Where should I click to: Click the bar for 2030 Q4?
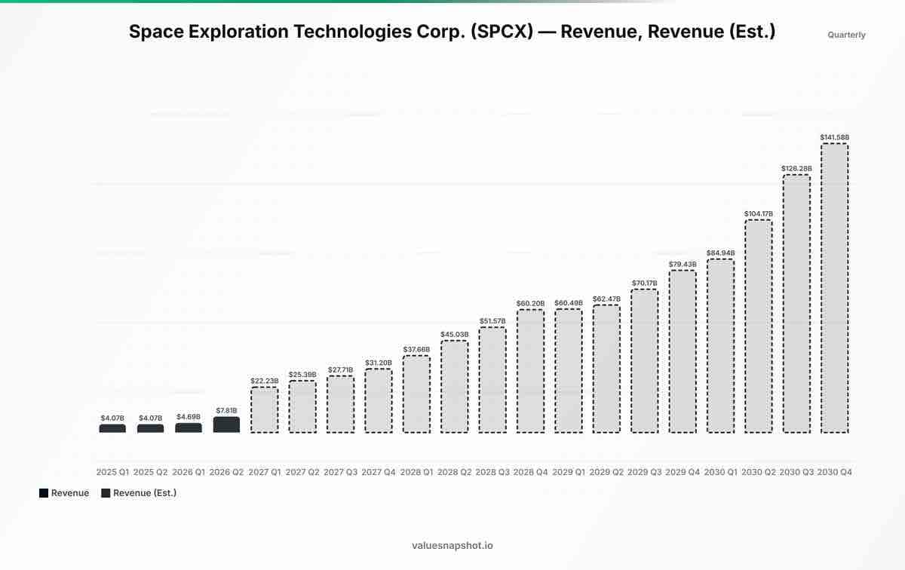pyautogui.click(x=834, y=288)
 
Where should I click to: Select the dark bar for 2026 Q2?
pyautogui.click(x=226, y=424)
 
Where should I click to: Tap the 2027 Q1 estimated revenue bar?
pyautogui.click(x=264, y=410)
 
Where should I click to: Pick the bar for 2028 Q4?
pyautogui.click(x=530, y=371)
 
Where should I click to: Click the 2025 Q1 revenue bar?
pyautogui.click(x=112, y=428)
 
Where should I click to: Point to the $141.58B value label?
pyautogui.click(x=834, y=137)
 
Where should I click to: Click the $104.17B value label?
pyautogui.click(x=759, y=213)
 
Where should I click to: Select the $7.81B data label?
pyautogui.click(x=226, y=410)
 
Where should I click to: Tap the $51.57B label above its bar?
pyautogui.click(x=492, y=321)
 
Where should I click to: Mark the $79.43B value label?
pyautogui.click(x=683, y=264)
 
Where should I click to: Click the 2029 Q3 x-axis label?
pyautogui.click(x=644, y=472)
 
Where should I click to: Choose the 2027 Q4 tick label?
pyautogui.click(x=378, y=472)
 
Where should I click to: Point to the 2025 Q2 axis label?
pyautogui.click(x=150, y=472)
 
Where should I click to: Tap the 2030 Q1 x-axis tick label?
pyautogui.click(x=720, y=472)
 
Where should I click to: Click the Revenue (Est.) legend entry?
pyautogui.click(x=139, y=493)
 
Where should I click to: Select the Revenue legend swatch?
pyautogui.click(x=44, y=493)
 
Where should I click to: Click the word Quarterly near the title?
pyautogui.click(x=846, y=35)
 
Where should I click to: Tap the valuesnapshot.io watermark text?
pyautogui.click(x=452, y=545)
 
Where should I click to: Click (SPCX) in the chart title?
pyautogui.click(x=502, y=32)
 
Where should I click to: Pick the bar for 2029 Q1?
pyautogui.click(x=569, y=371)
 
